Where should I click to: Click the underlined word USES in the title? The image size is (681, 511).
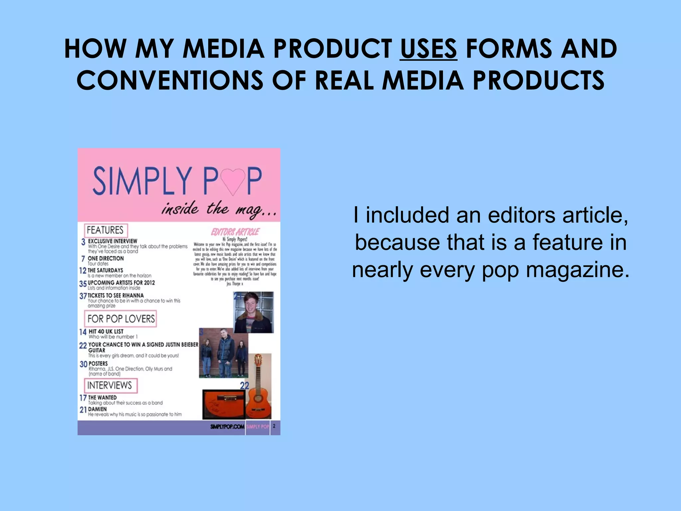[x=428, y=49]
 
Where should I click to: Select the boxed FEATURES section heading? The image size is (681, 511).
[x=105, y=230]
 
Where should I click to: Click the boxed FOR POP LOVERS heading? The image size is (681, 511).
[x=121, y=319]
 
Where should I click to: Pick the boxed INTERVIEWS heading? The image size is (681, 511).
[x=110, y=385]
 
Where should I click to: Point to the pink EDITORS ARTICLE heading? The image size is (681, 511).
[x=235, y=232]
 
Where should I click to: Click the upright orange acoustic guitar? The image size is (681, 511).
[x=259, y=386]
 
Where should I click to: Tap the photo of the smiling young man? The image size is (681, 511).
[x=254, y=312]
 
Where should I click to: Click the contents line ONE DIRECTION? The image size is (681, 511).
[x=105, y=258]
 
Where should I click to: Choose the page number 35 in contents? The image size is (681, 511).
[x=83, y=284]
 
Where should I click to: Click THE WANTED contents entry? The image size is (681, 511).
[x=102, y=398]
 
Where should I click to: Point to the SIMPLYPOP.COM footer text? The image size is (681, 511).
[x=227, y=426]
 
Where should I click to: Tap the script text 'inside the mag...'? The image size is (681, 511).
[x=219, y=210]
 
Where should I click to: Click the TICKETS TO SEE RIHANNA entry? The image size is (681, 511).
[x=116, y=295]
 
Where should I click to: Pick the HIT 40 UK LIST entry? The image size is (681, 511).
[x=106, y=332]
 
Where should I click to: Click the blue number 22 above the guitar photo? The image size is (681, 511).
[x=244, y=386]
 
